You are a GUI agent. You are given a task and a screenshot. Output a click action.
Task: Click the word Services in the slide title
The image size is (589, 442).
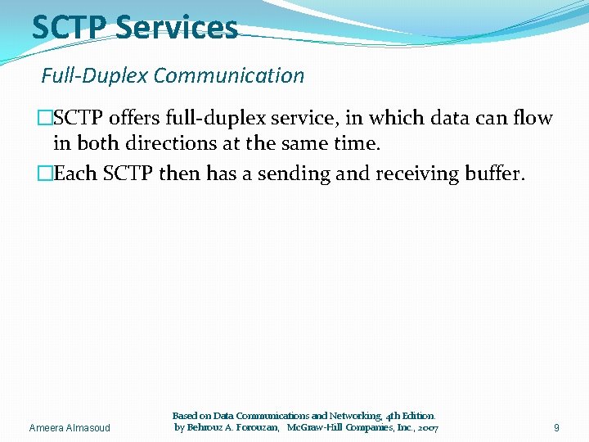tap(176, 28)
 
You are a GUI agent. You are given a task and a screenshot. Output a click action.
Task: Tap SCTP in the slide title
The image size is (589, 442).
tap(70, 28)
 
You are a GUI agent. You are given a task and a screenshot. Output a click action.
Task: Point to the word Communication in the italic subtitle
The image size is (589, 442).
tap(228, 76)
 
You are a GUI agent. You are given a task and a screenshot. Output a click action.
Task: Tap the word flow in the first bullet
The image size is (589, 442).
tap(533, 119)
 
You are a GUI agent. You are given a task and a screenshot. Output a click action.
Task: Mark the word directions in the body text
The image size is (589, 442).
tap(167, 144)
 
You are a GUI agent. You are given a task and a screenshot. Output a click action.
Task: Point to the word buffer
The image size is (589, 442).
tap(493, 174)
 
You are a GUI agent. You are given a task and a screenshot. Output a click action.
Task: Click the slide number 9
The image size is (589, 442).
tap(556, 427)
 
